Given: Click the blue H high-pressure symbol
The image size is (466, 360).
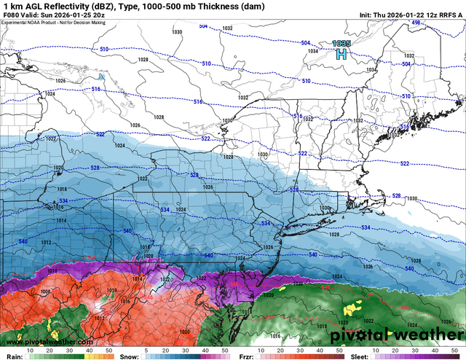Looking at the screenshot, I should (x=340, y=54).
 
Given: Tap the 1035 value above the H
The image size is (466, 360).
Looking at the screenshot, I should (x=340, y=44).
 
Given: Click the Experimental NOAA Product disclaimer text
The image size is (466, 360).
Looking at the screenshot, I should (x=51, y=23).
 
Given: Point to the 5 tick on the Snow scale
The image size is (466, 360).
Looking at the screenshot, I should (x=146, y=351).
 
